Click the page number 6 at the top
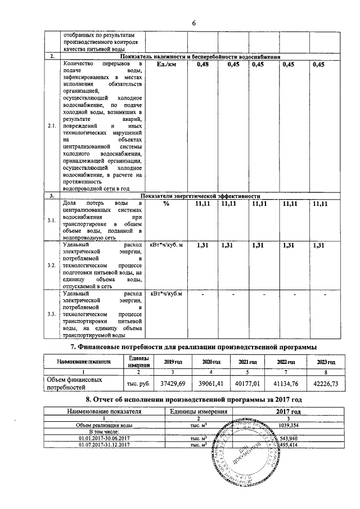click(193, 23)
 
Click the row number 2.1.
click(52, 126)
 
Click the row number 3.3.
click(52, 314)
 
